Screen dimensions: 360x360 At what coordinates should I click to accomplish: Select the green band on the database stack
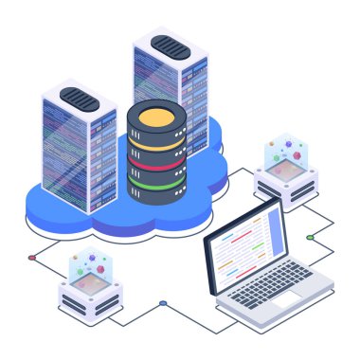[x=156, y=180]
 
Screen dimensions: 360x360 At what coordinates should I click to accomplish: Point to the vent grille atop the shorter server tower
[x=78, y=96]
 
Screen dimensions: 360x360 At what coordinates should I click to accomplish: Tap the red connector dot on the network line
[x=31, y=257]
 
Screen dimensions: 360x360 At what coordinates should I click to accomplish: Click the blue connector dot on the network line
[x=163, y=303]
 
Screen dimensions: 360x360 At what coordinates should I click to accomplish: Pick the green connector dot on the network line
[x=310, y=237]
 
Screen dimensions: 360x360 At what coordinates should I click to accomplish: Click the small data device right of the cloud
[x=284, y=171]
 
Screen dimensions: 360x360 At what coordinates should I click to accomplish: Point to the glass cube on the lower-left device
[x=89, y=270]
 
